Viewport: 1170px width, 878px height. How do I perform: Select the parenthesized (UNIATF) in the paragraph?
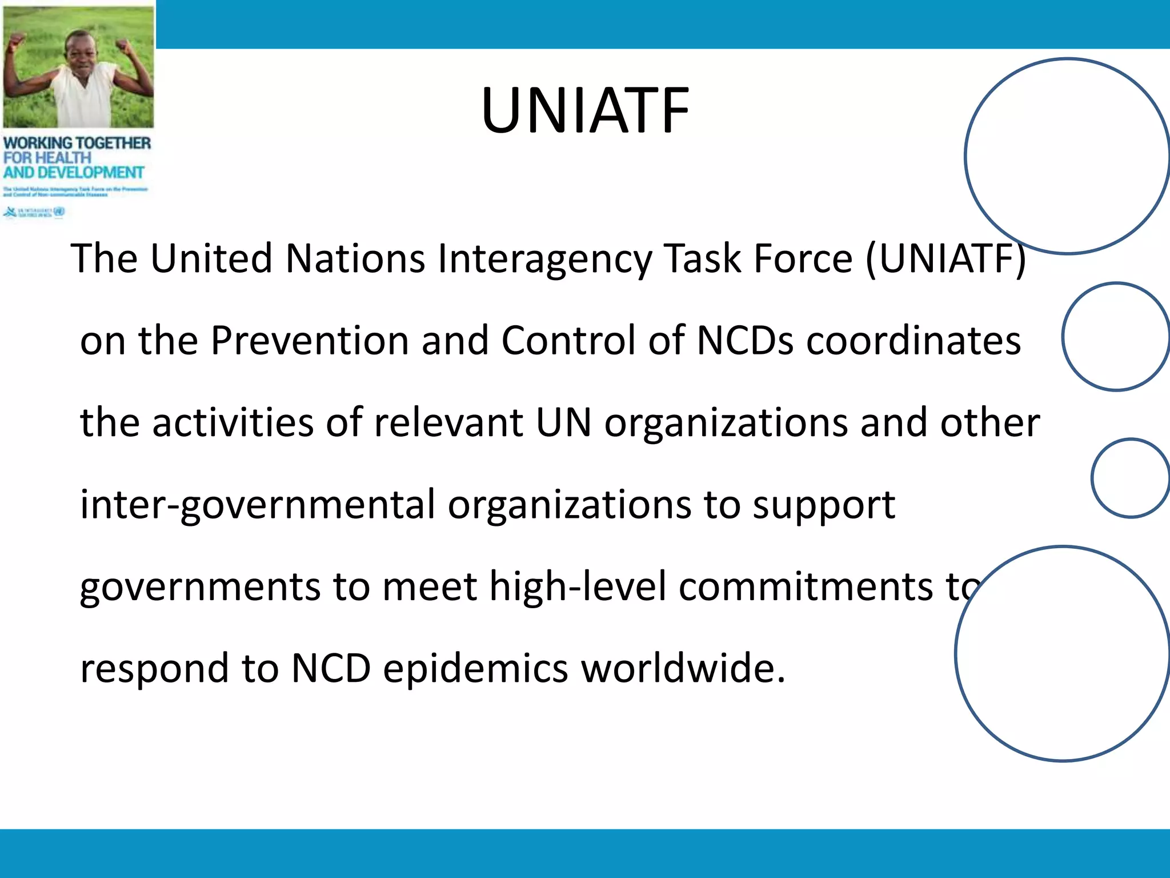tap(946, 259)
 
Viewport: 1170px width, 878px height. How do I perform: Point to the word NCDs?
tap(746, 341)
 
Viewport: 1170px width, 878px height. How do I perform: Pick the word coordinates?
tap(913, 341)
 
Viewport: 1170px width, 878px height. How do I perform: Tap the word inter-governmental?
tap(257, 505)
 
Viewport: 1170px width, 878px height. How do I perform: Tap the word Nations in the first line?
tap(355, 259)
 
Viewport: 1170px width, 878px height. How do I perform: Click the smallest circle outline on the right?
tap(1130, 478)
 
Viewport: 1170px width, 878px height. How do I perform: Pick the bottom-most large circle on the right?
tap(1063, 653)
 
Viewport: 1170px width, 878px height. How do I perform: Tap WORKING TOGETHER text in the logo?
tap(77, 143)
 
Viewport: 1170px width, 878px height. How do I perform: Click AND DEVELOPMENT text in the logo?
tap(74, 173)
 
